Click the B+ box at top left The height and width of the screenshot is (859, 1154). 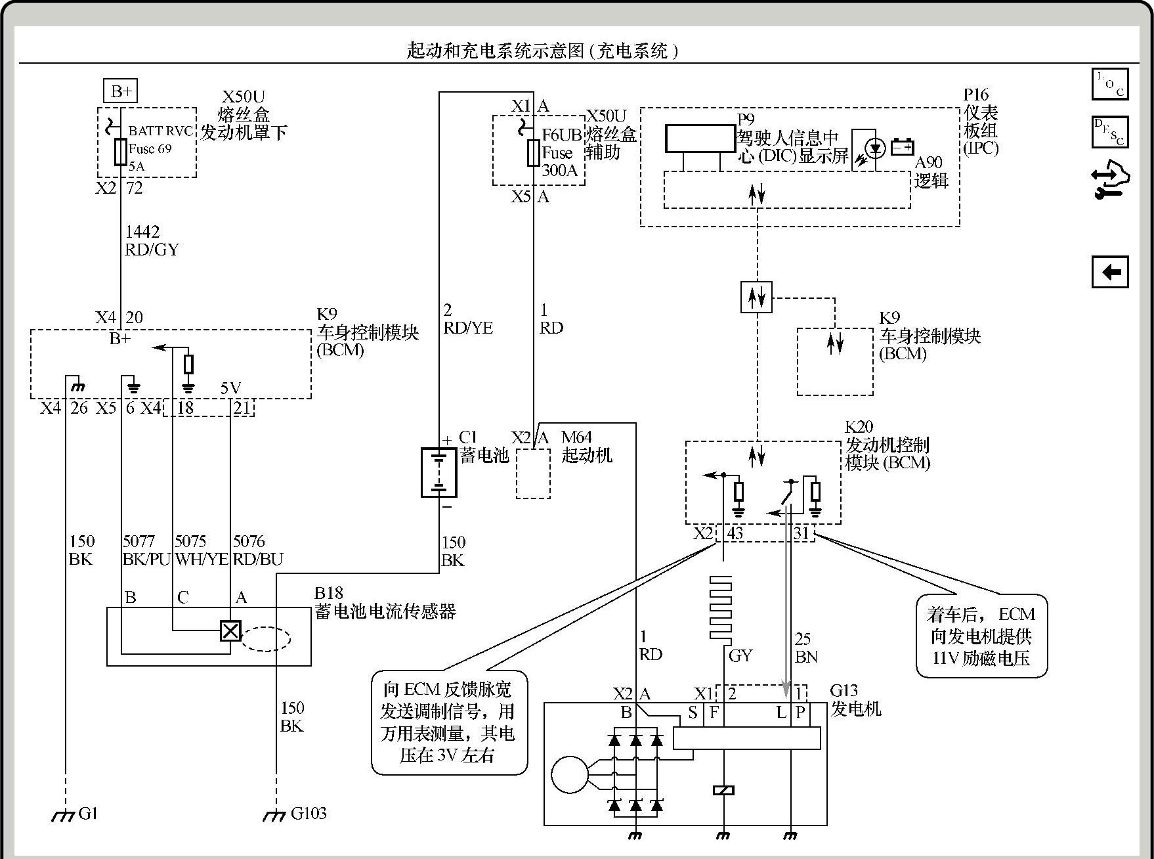(120, 91)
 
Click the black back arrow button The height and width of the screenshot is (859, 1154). (1110, 272)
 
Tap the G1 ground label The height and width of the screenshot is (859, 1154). (88, 814)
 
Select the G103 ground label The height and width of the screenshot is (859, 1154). (308, 814)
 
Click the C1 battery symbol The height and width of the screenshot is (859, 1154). (438, 472)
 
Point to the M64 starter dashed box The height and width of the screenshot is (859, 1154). (533, 474)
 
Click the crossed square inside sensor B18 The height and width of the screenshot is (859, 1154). (230, 631)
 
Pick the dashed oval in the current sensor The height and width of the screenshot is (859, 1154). (265, 638)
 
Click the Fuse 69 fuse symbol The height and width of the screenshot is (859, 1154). (121, 152)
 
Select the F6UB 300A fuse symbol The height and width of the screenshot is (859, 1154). (533, 152)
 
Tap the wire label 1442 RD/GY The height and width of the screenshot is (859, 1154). (152, 240)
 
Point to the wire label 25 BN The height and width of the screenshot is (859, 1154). (805, 648)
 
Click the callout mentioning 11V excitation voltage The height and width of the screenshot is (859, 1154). (981, 636)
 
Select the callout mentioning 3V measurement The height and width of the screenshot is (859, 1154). (449, 722)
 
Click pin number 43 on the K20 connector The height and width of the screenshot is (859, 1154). (735, 533)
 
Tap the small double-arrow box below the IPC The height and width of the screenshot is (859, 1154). (756, 297)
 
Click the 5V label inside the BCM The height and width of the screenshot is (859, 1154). (230, 388)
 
